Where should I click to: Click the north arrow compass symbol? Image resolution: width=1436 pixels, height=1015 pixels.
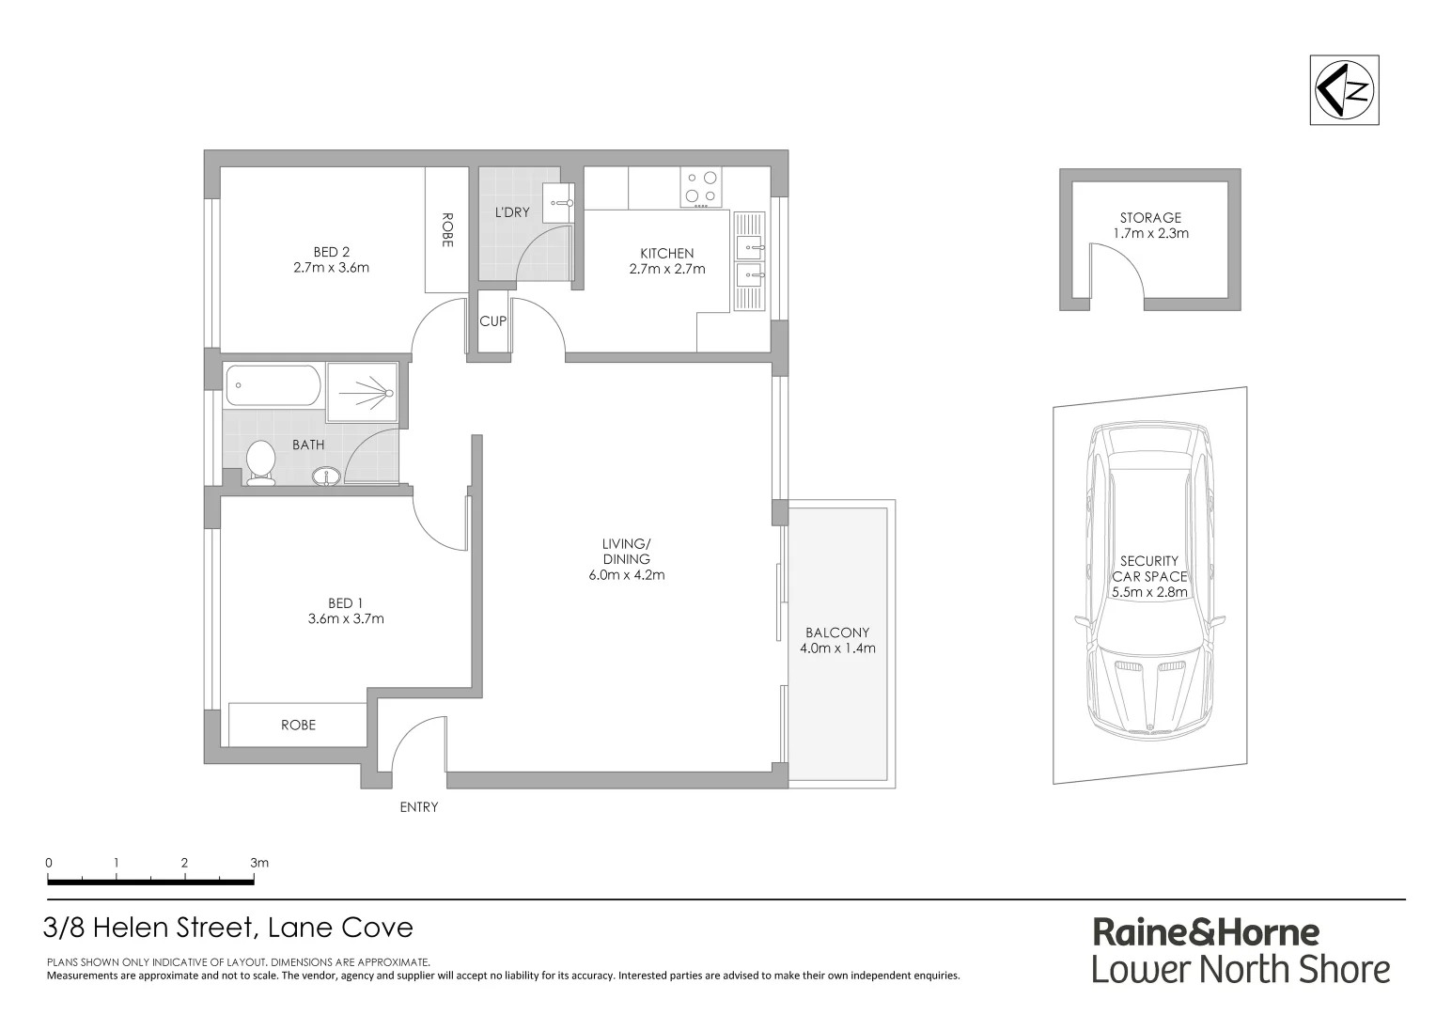[x=1344, y=90]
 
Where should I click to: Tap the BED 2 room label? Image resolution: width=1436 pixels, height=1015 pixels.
[x=331, y=251]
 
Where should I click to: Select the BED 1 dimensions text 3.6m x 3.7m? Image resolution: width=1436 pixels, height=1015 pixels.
[x=345, y=618]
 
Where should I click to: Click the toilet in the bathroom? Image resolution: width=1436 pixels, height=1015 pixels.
[x=260, y=463]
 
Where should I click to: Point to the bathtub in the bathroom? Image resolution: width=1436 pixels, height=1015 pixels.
[x=273, y=385]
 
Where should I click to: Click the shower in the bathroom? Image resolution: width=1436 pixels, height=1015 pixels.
[x=362, y=392]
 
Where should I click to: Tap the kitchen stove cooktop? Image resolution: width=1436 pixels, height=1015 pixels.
[x=701, y=187]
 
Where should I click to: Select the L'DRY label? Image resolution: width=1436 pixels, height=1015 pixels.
[x=512, y=212]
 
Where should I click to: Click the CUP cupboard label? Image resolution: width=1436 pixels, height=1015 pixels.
[x=492, y=321]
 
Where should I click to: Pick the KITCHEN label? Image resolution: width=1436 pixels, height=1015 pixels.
[x=666, y=253]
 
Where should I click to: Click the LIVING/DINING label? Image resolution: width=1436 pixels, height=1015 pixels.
[x=626, y=552]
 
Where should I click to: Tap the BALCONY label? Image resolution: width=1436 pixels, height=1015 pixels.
[x=836, y=632]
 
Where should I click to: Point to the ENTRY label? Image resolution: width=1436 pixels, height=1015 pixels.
[x=418, y=806]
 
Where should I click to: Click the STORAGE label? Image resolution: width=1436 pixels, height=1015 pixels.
[x=1149, y=217]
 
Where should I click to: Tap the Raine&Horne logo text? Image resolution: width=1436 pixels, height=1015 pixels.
[x=1206, y=932]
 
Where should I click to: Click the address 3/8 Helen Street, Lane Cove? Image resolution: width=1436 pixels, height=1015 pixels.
[x=228, y=928]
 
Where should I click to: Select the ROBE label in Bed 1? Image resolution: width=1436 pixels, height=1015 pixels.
[x=298, y=725]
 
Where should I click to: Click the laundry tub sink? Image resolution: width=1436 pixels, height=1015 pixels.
[x=559, y=202]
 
